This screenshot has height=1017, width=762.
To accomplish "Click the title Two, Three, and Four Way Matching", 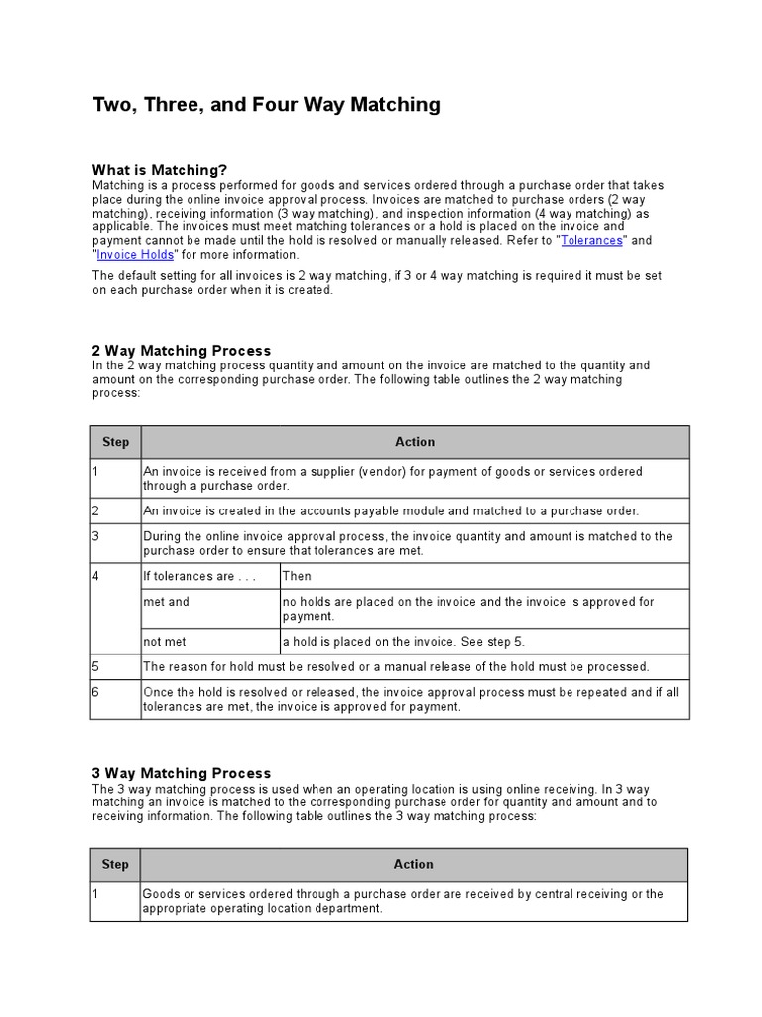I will point(266,105).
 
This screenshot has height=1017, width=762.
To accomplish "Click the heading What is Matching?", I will point(160,170).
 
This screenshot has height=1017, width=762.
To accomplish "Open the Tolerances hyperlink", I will point(591,240).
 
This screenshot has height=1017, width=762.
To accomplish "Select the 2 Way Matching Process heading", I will point(181,351).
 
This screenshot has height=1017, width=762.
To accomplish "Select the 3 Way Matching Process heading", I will point(181,773).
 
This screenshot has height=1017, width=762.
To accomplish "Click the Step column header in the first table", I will point(115,442).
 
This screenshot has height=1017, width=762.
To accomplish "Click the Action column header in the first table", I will point(414,442).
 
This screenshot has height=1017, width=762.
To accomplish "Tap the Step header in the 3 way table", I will point(115,864).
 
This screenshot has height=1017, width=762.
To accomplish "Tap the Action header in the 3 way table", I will point(414,864).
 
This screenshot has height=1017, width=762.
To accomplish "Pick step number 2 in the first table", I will point(96,510).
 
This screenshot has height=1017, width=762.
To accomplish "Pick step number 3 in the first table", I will point(96,536).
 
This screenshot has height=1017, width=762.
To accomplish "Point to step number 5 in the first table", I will point(96,666).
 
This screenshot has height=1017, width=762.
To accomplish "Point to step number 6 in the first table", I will point(96,692).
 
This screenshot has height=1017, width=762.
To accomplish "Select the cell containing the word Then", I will point(297,576).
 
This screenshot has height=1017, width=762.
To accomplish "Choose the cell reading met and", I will point(166,602).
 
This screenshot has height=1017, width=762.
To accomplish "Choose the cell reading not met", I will point(166,641).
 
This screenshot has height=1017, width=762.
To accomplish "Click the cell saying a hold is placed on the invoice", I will point(411,641).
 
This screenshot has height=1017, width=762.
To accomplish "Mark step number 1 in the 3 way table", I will point(96,894).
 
